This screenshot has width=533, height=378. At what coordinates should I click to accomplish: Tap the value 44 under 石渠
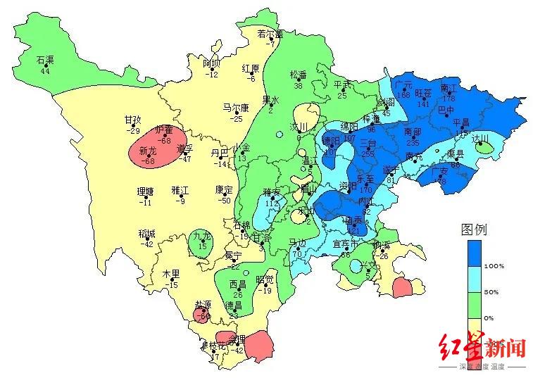tap(45, 70)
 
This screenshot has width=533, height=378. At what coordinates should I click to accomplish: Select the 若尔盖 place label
tap(270, 34)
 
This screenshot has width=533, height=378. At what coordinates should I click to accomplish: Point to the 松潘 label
tap(299, 75)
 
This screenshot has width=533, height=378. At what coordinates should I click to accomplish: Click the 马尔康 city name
tap(236, 108)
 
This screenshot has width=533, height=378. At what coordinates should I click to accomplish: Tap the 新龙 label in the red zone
tap(148, 151)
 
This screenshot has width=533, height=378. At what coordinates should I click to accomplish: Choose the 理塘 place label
tap(145, 191)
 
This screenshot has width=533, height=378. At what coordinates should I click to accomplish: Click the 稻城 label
tap(147, 234)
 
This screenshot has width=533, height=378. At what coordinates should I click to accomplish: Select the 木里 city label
tap(172, 275)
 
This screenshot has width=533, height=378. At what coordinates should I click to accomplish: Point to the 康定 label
tap(224, 189)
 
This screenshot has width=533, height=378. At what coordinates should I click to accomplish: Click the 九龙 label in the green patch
tap(202, 237)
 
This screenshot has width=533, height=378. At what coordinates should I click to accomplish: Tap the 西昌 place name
tap(237, 284)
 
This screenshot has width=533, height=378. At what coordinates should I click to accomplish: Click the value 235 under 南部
tap(413, 143)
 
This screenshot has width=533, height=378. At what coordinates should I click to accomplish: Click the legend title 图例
tap(474, 229)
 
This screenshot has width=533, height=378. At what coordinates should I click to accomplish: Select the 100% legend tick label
tap(494, 266)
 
